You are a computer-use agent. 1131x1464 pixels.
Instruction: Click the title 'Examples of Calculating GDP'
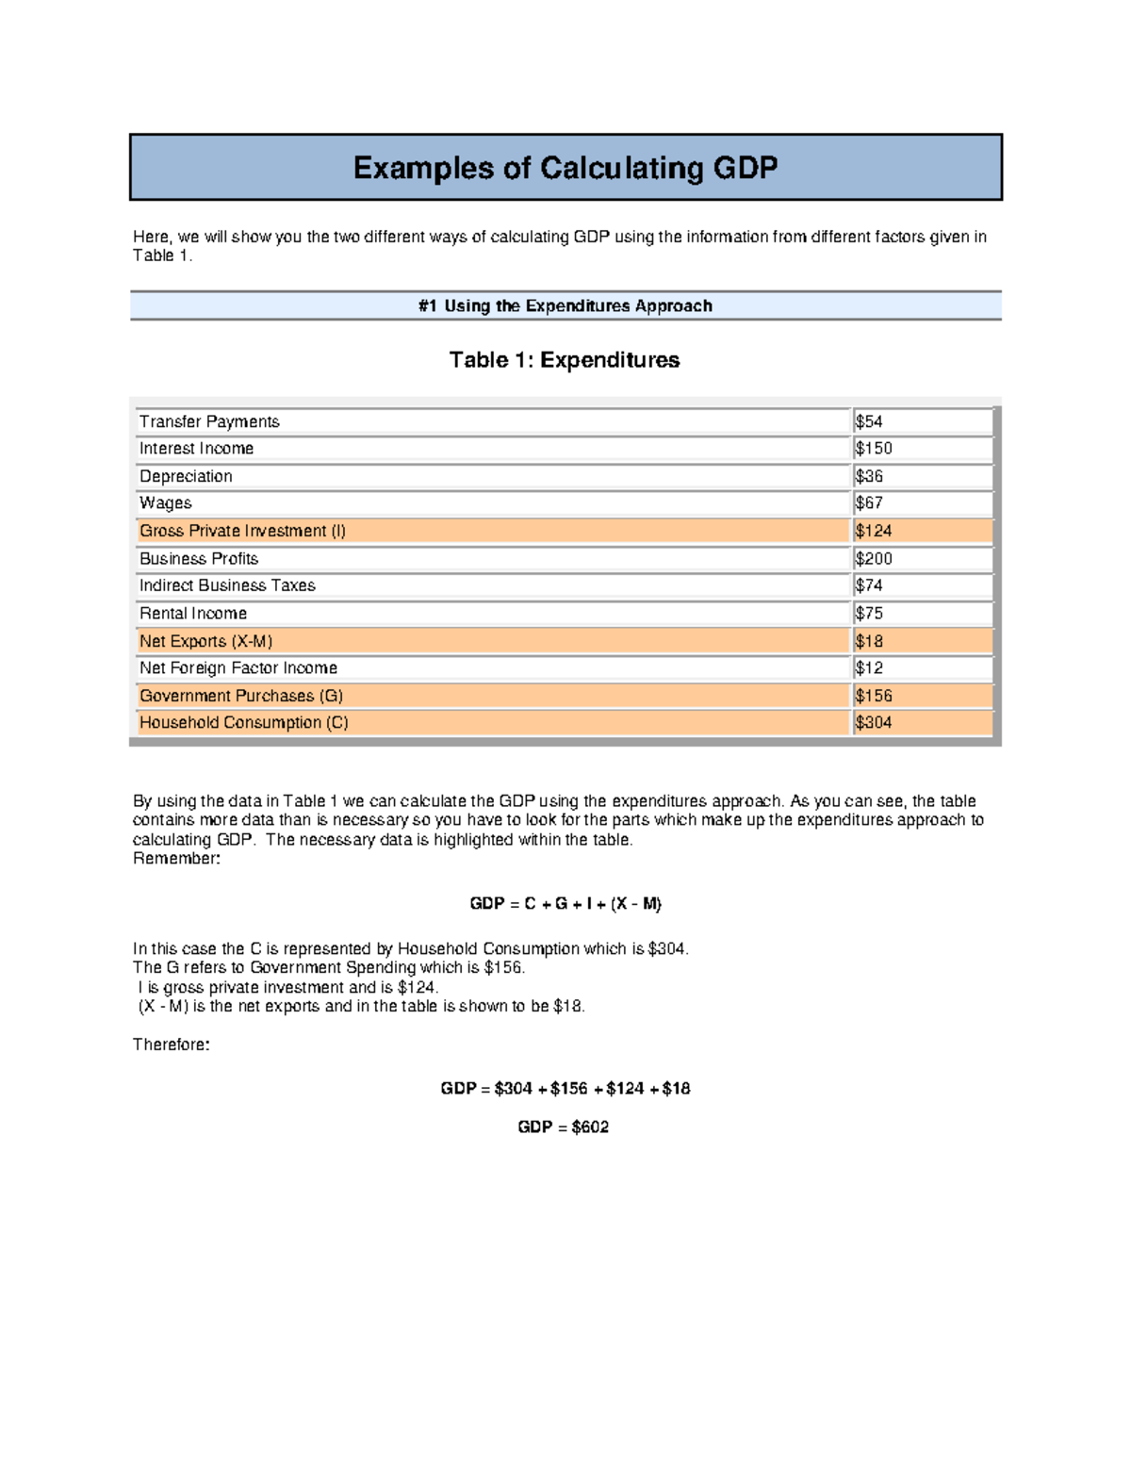pos(565,168)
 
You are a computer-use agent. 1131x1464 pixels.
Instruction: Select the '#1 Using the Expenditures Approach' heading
pos(565,306)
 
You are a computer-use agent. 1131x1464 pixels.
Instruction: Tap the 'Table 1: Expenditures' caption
pos(565,360)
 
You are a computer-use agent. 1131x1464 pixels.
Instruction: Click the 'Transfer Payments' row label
pos(209,421)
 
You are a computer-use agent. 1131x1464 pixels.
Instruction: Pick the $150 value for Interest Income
pos(874,449)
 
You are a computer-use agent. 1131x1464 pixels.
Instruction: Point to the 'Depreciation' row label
pos(186,476)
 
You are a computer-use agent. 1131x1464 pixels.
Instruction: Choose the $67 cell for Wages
pos(869,503)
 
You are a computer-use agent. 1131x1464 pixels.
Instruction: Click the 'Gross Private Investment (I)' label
pos(242,531)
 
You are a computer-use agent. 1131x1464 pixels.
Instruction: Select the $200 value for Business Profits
pos(874,558)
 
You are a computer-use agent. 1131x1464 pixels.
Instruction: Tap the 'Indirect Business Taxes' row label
pos(227,585)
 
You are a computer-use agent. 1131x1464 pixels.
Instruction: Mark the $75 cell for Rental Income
pos(869,613)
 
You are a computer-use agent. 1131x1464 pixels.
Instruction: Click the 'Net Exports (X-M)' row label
pos(205,641)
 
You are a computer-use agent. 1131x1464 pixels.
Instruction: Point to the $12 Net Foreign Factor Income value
pos(869,667)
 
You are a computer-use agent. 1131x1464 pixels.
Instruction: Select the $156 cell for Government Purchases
pos(874,696)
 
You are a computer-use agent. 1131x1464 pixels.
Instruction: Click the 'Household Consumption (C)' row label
pos(243,722)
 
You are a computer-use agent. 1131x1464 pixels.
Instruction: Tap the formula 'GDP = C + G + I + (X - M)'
pos(565,903)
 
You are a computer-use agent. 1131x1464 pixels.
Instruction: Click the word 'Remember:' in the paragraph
pos(176,859)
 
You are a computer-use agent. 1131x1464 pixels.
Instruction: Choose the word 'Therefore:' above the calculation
pos(172,1045)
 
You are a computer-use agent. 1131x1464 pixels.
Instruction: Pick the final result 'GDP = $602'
pos(564,1127)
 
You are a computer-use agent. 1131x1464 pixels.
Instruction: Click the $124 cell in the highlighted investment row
pos(874,531)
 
